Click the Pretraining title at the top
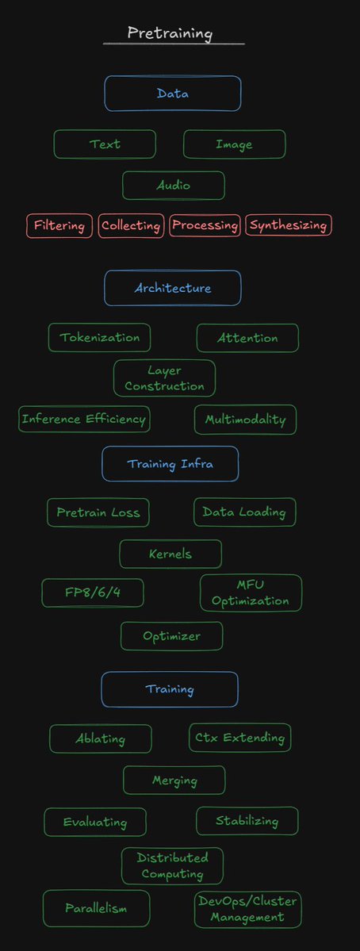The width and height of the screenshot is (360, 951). [170, 33]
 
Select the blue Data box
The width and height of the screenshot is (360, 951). [173, 94]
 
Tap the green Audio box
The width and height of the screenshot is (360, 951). [174, 186]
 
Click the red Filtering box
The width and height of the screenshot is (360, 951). [59, 226]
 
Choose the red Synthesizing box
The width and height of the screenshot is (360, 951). [289, 225]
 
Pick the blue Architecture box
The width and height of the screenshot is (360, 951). [173, 288]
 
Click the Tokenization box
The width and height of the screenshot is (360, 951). [99, 338]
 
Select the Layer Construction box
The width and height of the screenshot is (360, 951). [164, 378]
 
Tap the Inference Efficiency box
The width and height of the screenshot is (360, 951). [84, 419]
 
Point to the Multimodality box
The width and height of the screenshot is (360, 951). [246, 420]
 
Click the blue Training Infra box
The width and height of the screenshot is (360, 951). [170, 464]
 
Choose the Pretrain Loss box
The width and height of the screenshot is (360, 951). [98, 512]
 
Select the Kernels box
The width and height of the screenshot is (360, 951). [170, 554]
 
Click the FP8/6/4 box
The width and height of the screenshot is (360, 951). [93, 592]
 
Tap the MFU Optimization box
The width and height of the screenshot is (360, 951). [251, 593]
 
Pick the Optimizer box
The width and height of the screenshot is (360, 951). [171, 636]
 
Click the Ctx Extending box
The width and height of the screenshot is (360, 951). [240, 738]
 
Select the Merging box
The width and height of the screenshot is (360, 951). [174, 780]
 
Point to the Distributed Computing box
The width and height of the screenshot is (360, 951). [172, 866]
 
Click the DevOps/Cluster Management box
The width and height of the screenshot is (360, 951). [248, 909]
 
